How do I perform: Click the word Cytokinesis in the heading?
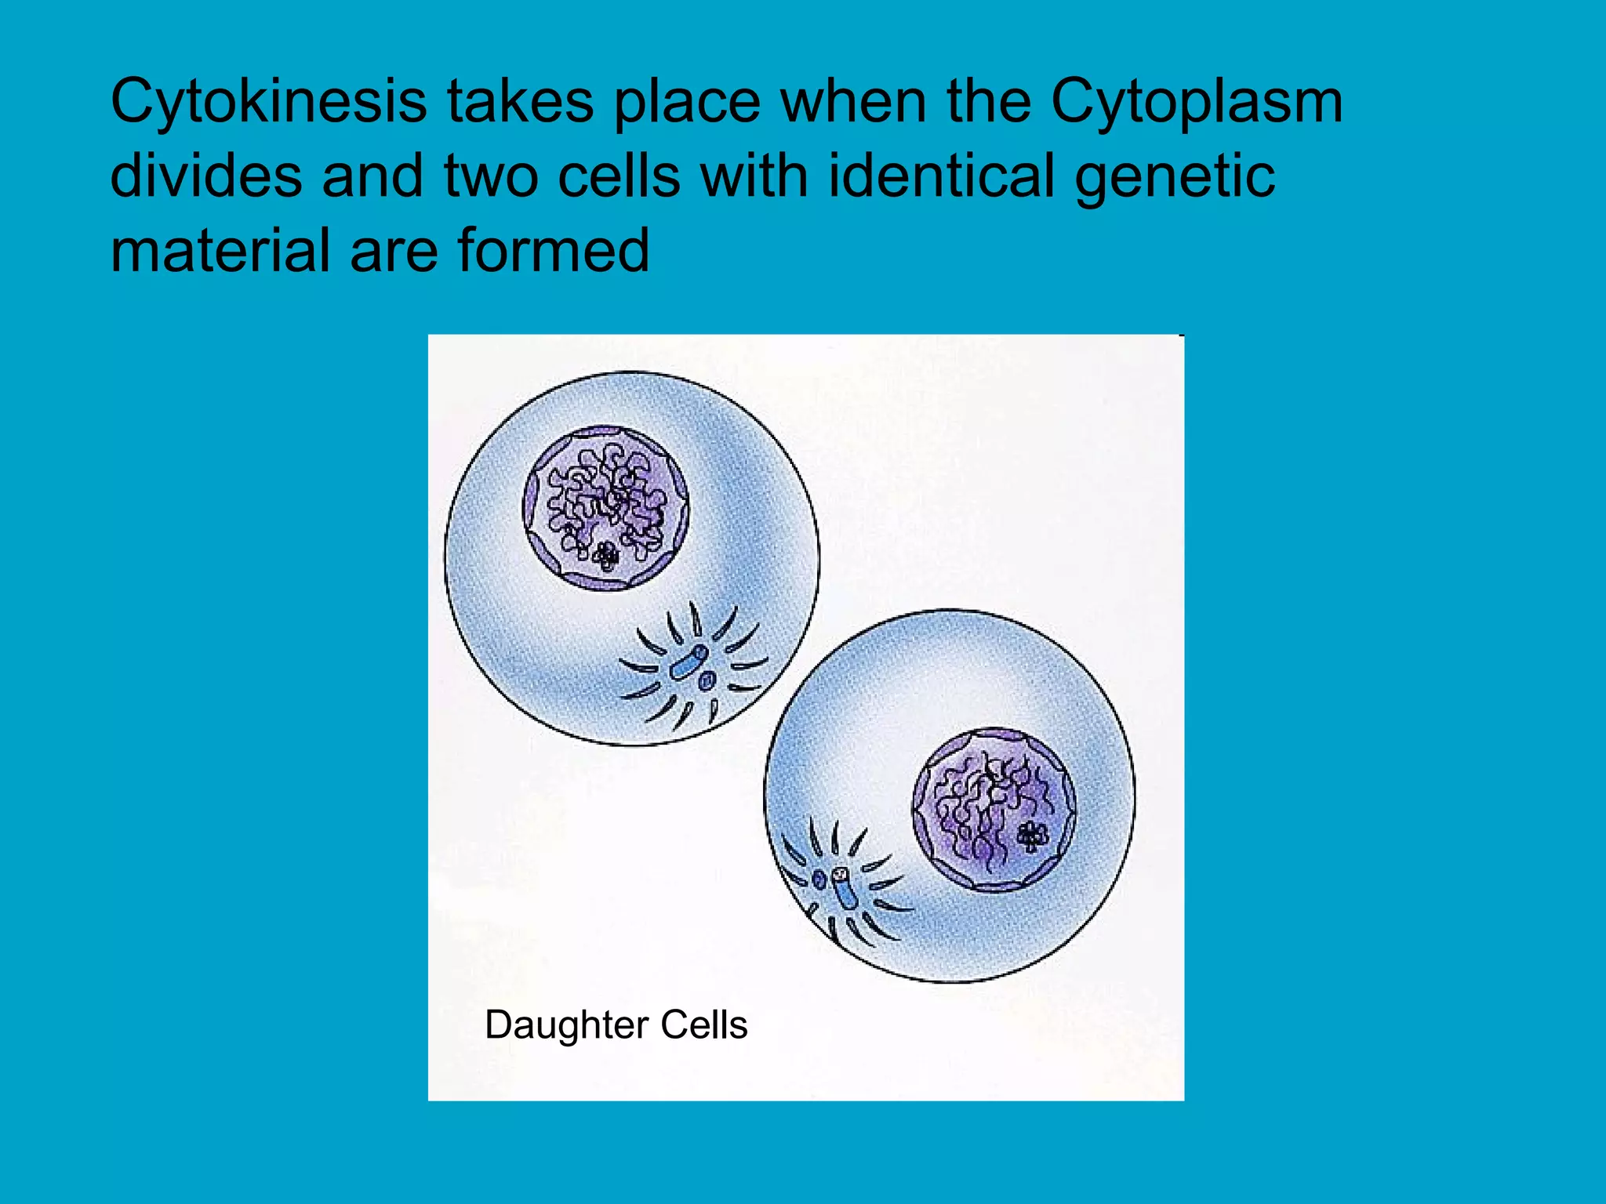269,102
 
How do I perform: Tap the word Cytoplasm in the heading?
1197,102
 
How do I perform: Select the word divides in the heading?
206,176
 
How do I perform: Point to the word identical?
941,176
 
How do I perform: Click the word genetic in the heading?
1175,177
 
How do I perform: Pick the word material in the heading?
220,250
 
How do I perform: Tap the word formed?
554,250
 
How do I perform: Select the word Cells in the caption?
704,1024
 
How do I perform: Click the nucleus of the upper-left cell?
605,508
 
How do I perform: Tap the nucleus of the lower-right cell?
994,810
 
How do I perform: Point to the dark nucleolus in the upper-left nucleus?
605,557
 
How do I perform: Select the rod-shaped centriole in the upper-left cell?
689,663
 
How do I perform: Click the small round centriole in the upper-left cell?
707,680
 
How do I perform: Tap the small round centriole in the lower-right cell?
820,879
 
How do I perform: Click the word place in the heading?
687,102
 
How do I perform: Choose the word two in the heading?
491,176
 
